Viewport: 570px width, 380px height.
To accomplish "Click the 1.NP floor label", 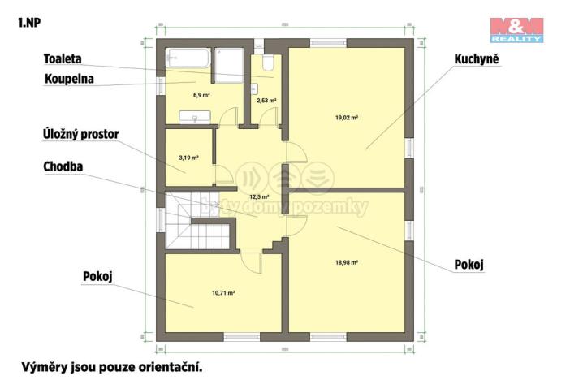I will [28, 22].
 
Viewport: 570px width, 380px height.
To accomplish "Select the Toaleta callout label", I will [67, 58].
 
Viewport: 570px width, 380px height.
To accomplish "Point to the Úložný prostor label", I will [86, 133].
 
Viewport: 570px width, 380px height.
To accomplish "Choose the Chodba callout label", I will [64, 166].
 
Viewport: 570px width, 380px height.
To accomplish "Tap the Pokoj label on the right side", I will [469, 264].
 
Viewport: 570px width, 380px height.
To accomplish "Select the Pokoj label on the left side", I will [97, 276].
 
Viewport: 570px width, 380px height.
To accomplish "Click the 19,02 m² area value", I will [347, 117].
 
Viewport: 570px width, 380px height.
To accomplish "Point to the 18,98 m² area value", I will [347, 262].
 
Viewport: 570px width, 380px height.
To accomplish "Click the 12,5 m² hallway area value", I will [259, 196].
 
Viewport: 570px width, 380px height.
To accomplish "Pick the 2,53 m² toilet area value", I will [266, 101].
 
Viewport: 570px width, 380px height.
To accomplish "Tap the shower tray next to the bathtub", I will [230, 64].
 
